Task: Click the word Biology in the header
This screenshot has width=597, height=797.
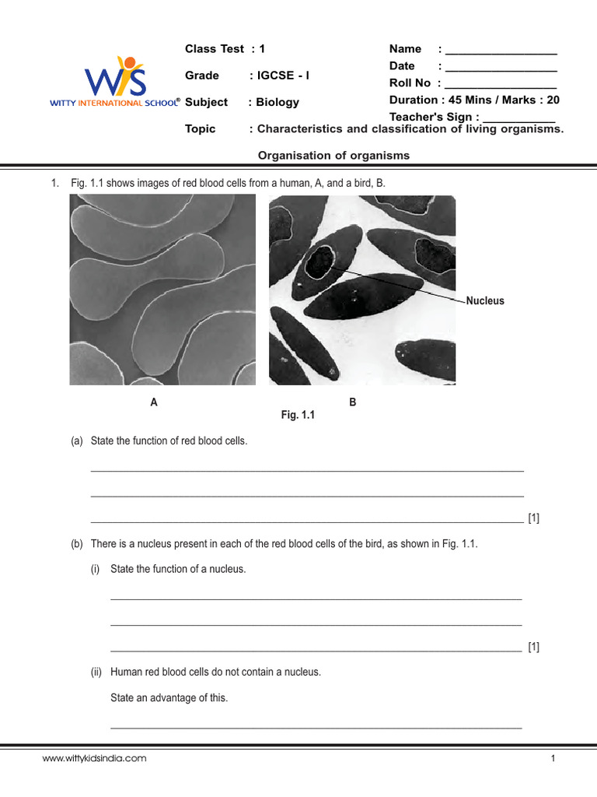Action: [x=278, y=102]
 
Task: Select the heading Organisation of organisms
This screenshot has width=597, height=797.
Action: [x=333, y=156]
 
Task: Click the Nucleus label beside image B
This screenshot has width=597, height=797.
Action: [x=485, y=301]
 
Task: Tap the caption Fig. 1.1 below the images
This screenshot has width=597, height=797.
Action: [x=298, y=416]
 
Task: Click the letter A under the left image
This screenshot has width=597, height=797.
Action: [x=154, y=402]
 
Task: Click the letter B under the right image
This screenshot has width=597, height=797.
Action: [x=353, y=402]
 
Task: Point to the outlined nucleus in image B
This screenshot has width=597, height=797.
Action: [x=319, y=263]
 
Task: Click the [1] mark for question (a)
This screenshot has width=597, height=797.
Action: [x=533, y=518]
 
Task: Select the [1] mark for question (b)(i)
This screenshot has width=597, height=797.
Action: [x=533, y=647]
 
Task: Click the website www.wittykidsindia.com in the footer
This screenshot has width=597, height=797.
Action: [x=94, y=758]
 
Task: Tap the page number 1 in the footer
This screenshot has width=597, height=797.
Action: [x=553, y=758]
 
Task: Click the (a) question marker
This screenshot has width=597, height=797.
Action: [x=76, y=441]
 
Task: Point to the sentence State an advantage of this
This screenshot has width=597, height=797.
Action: [x=169, y=698]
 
